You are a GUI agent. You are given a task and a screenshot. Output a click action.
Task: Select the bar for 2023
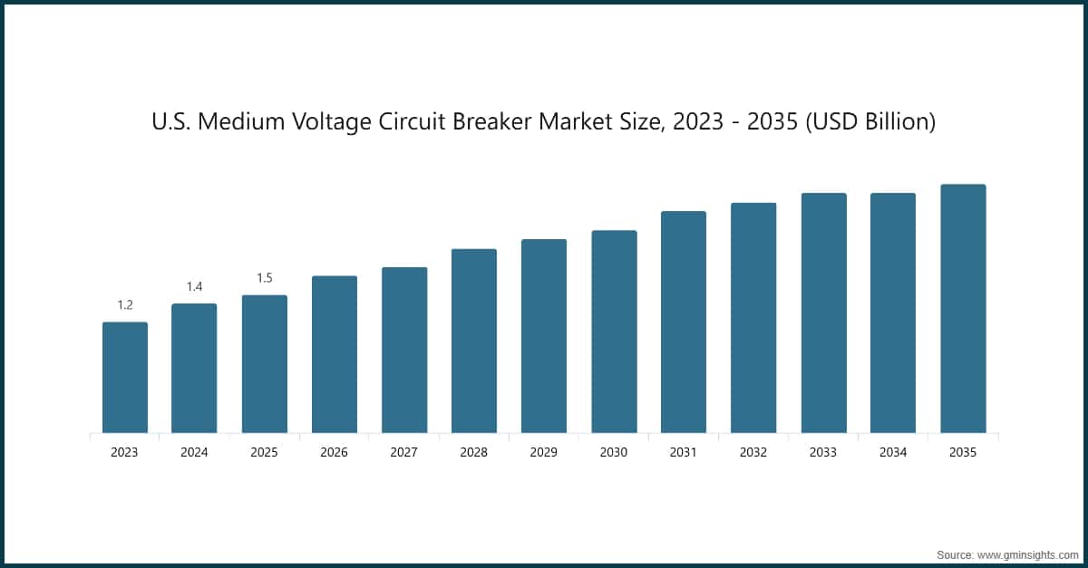tap(124, 378)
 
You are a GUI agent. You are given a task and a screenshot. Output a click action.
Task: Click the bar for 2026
tap(334, 354)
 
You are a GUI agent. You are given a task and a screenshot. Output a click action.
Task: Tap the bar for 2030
tap(614, 332)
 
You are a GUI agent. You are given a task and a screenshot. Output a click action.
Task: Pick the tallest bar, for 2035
tap(963, 309)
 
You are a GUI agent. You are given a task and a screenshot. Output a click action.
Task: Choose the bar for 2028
tap(474, 341)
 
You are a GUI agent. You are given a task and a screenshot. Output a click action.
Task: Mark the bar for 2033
tap(823, 313)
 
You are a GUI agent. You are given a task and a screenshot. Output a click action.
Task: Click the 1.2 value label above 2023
tap(124, 305)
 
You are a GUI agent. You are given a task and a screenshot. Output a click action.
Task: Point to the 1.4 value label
tap(194, 286)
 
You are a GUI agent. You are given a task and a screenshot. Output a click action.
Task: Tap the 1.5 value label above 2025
tap(264, 278)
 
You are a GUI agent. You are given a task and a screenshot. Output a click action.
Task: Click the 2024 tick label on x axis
tap(194, 452)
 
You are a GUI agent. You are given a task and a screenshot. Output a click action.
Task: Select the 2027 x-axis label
tap(403, 452)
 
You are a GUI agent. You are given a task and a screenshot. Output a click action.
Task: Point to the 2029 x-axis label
tap(544, 452)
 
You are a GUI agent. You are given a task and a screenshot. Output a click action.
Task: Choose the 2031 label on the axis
tap(684, 452)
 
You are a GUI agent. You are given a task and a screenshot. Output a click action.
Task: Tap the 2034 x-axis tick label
tap(893, 452)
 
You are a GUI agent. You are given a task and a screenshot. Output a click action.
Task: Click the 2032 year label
tap(753, 452)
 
